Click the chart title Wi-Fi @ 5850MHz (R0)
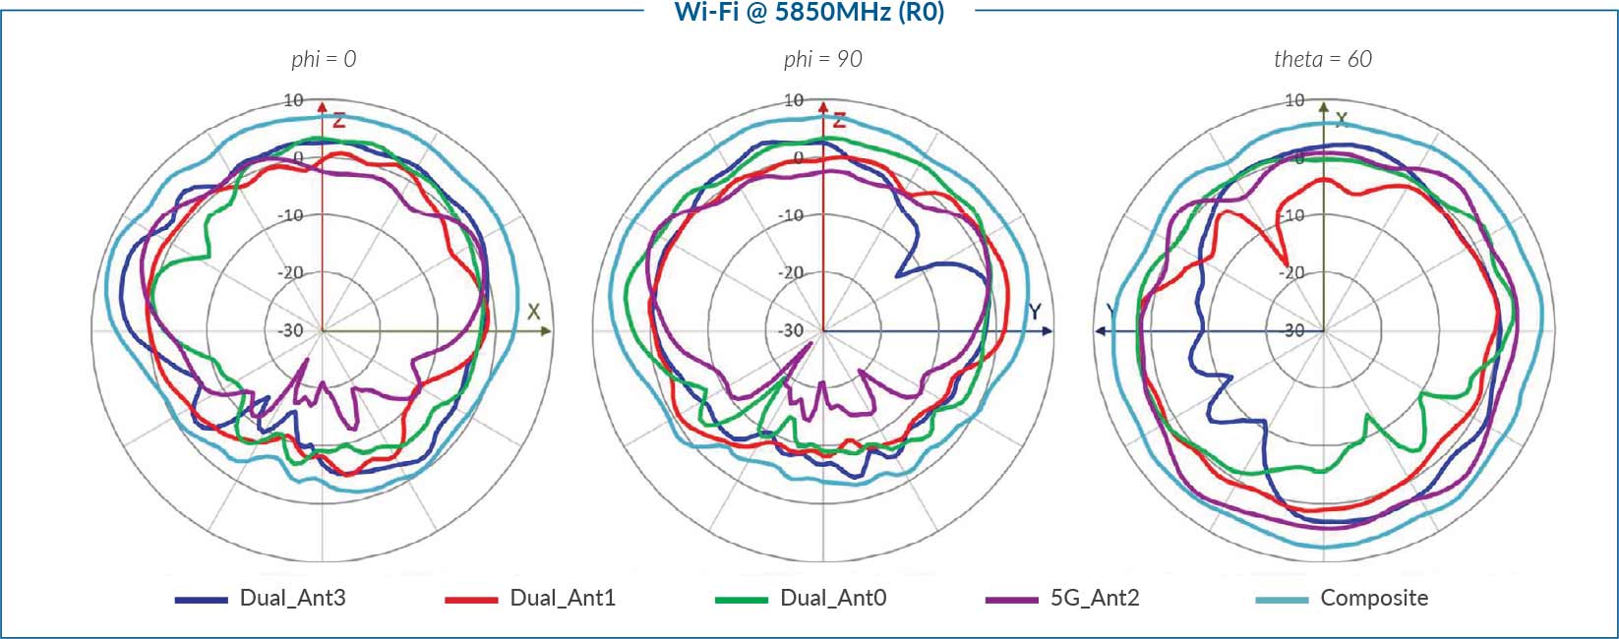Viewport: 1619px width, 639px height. (809, 12)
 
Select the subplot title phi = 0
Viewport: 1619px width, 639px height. (324, 59)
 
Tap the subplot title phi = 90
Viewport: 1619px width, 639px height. (822, 59)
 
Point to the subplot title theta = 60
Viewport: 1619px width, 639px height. (1322, 59)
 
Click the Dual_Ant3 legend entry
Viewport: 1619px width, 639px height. (292, 598)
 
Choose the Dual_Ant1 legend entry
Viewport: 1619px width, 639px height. (563, 598)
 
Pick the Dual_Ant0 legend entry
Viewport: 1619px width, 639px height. (832, 598)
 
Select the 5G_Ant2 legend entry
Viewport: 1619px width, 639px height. (1095, 598)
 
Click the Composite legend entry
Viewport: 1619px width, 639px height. (1373, 598)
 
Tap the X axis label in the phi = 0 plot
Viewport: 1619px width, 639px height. (533, 312)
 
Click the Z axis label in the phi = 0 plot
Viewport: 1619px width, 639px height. (338, 121)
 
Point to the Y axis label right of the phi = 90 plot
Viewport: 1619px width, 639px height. (1035, 312)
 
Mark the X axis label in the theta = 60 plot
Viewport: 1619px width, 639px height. (1341, 120)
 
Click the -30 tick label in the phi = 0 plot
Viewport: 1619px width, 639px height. (290, 330)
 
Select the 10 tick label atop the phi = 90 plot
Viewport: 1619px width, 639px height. (793, 100)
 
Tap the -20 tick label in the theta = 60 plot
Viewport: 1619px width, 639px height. (1293, 272)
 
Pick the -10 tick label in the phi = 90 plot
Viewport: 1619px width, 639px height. (791, 215)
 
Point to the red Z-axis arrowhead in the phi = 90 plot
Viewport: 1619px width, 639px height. (823, 104)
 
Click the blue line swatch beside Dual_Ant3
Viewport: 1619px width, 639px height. (201, 599)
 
